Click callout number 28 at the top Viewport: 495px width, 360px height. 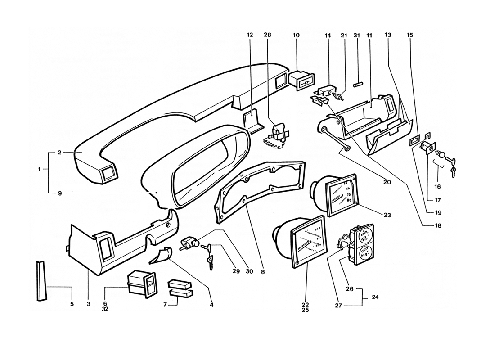point(268,35)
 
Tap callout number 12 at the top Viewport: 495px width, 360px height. point(250,35)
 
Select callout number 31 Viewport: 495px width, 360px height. point(357,35)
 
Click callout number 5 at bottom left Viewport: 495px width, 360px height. point(72,304)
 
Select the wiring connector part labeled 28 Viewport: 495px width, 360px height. point(278,135)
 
